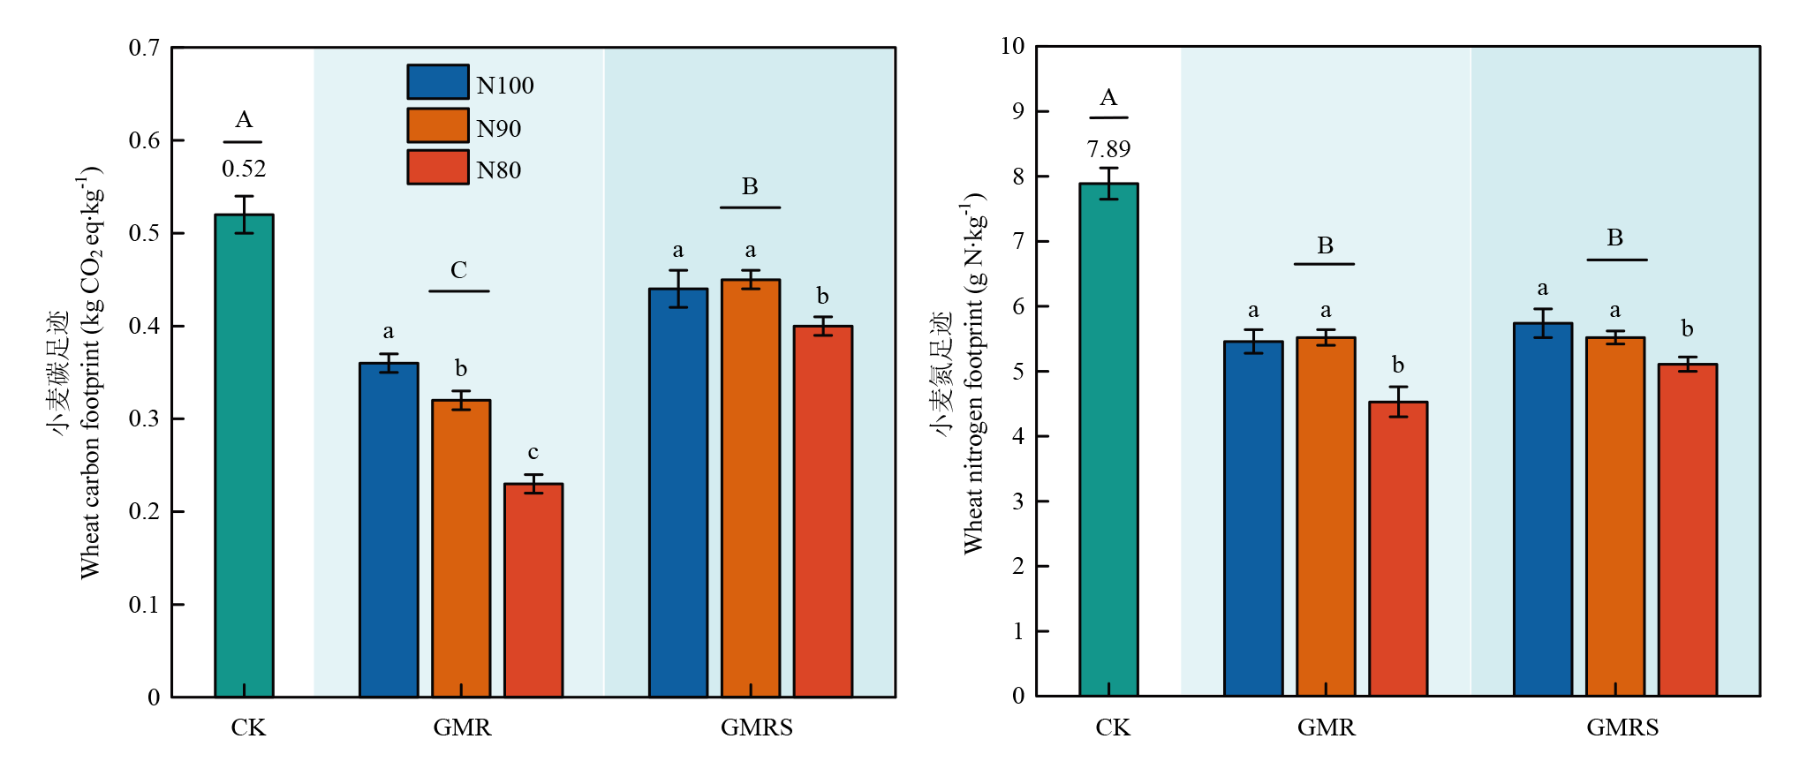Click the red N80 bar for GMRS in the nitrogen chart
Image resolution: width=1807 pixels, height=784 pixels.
(1687, 530)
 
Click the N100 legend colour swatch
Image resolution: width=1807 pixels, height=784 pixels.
(438, 82)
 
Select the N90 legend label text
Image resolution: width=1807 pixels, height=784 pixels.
(499, 129)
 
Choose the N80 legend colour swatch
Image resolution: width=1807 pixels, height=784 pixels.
(438, 167)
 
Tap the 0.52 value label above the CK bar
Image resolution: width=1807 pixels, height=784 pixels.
(244, 169)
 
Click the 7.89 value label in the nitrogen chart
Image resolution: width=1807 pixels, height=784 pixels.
(1108, 149)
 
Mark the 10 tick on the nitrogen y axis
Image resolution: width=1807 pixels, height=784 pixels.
(1012, 46)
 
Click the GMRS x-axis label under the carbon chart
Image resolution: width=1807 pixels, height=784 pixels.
(756, 727)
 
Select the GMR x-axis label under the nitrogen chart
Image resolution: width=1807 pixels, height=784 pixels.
(1326, 727)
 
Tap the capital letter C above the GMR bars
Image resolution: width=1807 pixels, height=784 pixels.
(458, 270)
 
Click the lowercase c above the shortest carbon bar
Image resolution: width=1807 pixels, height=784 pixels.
(533, 453)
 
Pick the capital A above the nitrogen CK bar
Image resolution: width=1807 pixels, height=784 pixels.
(1108, 98)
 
